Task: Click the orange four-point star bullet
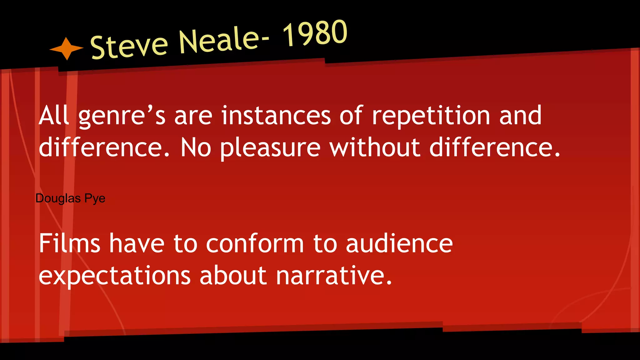tap(66, 48)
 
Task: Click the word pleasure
tap(270, 148)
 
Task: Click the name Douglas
tap(58, 198)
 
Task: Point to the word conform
tap(255, 243)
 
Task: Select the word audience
tap(399, 243)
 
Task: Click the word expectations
tap(114, 276)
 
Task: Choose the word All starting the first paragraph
tap(53, 116)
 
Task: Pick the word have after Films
tap(137, 243)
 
